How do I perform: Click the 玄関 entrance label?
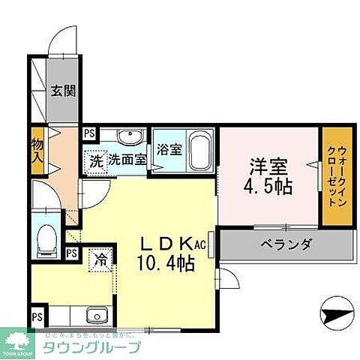[x=62, y=92]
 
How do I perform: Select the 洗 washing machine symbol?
[x=95, y=159]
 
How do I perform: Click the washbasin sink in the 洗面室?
[x=128, y=136]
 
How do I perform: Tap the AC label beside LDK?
[x=200, y=245]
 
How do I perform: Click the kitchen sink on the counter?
[x=94, y=314]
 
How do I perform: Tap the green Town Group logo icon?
[x=19, y=341]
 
